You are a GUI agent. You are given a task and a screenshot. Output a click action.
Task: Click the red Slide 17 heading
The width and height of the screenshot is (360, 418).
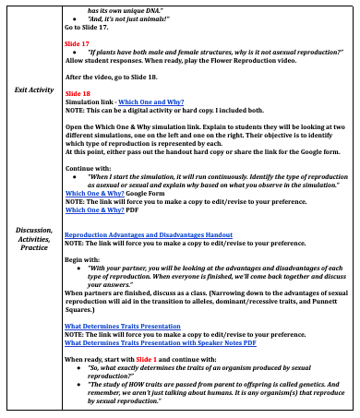click(x=77, y=43)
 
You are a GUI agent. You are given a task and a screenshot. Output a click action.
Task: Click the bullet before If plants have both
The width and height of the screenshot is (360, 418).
click(x=73, y=53)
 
